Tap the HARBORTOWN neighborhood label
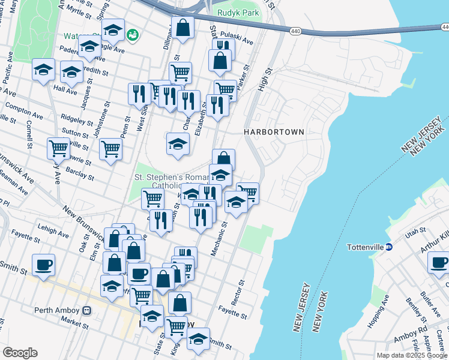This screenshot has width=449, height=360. pos(274,131)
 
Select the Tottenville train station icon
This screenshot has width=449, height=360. pos(388,247)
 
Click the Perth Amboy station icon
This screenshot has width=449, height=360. pos(87,310)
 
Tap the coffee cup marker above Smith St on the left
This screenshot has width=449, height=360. pos(43,265)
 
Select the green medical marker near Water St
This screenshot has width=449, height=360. pos(131,36)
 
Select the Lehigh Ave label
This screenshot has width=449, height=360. pos(53,230)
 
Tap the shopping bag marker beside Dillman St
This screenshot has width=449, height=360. pos(182,28)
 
